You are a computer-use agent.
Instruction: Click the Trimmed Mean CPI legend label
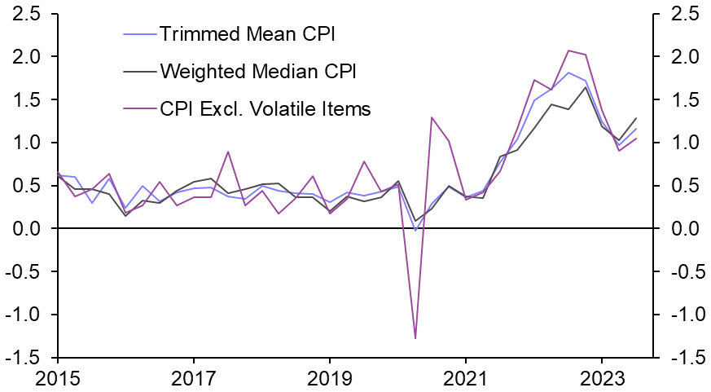point(248,34)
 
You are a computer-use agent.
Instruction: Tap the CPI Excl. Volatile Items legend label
point(266,108)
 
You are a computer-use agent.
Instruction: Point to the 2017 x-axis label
point(193,378)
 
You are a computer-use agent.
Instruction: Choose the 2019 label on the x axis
point(329,378)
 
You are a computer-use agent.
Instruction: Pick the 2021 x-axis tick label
point(465,378)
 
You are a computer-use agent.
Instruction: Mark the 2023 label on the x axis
point(601,378)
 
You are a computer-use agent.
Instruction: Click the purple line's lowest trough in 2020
point(416,337)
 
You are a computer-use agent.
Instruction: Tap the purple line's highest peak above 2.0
point(568,51)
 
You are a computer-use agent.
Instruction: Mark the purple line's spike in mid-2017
point(228,152)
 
